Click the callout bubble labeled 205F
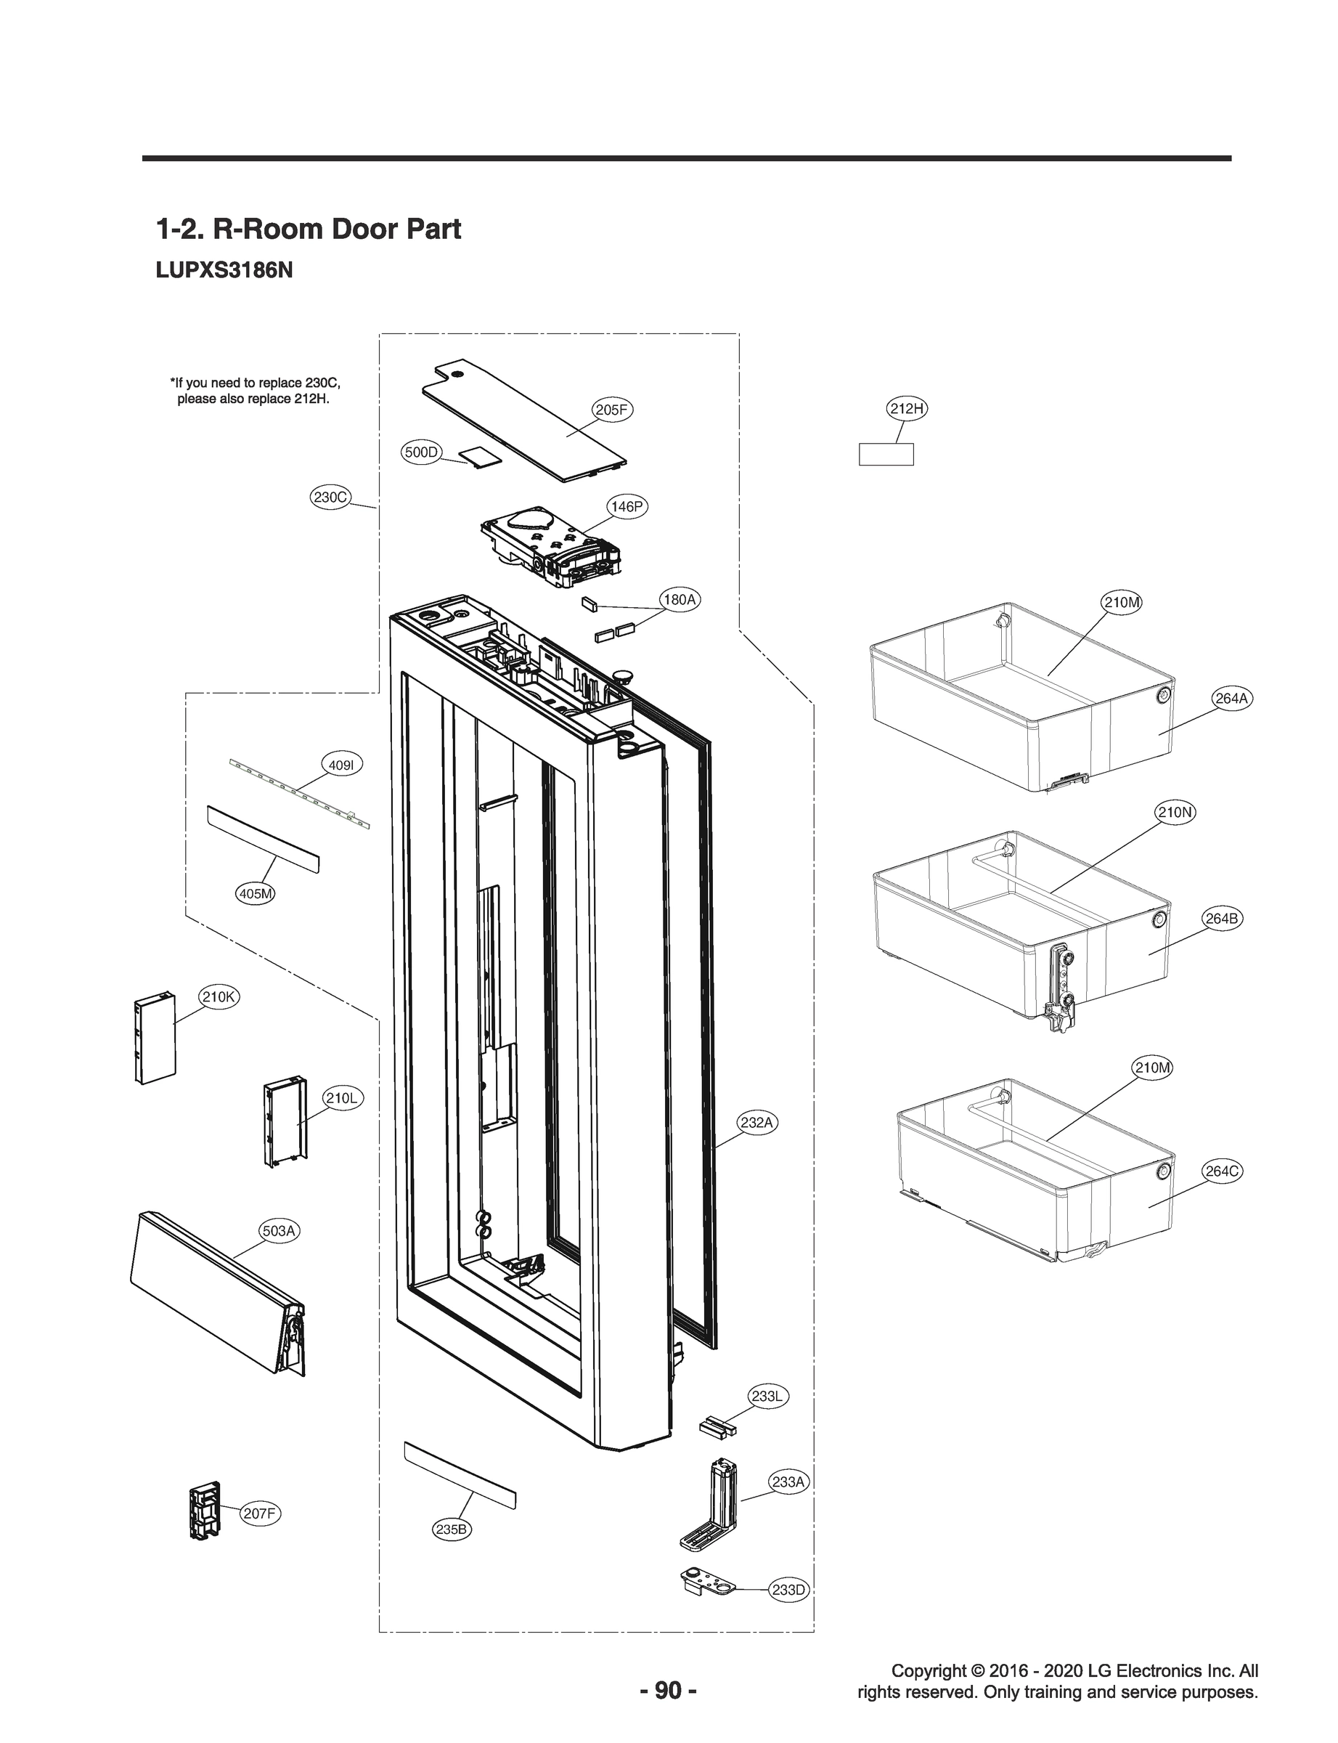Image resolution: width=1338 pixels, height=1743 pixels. (612, 410)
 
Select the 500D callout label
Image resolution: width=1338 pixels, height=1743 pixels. (421, 452)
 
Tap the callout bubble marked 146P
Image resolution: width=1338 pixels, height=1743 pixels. (627, 507)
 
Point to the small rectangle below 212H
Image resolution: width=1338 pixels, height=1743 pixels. (886, 454)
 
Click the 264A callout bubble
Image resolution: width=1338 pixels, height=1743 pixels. (1231, 699)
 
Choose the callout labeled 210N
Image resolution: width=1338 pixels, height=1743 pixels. (1175, 813)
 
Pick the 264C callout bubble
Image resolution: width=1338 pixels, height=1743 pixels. (1221, 1171)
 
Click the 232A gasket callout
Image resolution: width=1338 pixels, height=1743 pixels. (756, 1123)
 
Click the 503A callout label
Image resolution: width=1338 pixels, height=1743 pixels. (279, 1231)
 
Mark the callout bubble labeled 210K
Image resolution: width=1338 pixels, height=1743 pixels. (217, 996)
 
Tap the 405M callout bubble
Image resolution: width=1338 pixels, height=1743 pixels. (256, 894)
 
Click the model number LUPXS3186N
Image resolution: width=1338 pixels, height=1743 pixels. (224, 271)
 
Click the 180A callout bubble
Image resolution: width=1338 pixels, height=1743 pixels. (680, 600)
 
